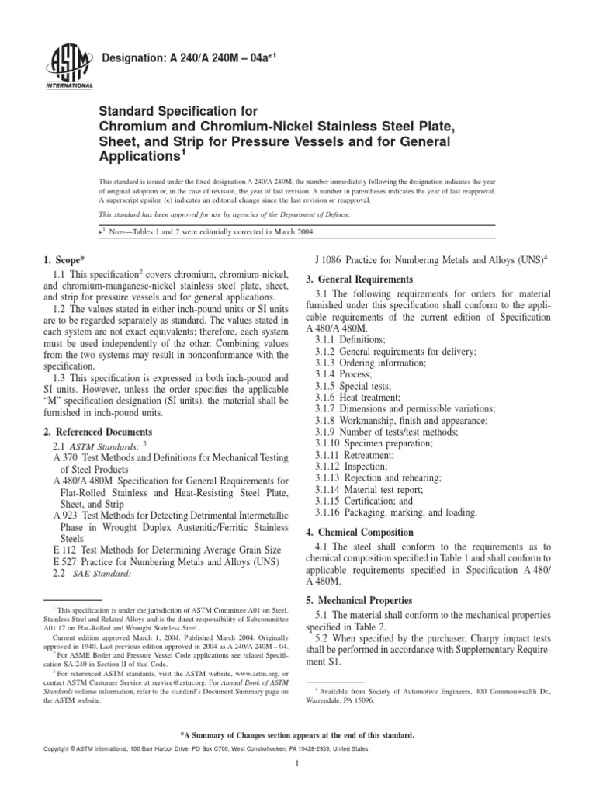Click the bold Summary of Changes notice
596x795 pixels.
(x=297, y=734)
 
